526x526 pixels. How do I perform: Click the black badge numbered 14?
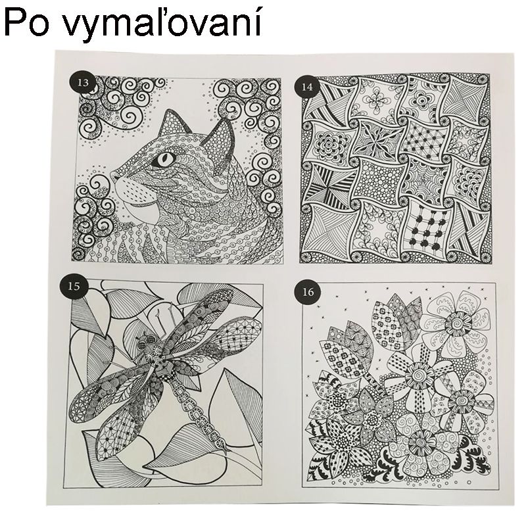[x=306, y=85]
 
